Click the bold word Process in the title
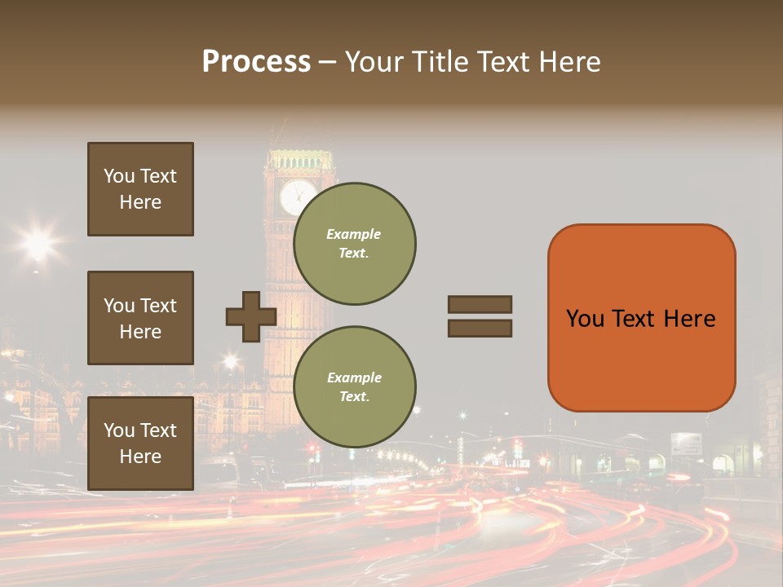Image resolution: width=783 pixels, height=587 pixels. pos(256,62)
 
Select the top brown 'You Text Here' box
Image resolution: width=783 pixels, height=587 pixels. pos(140,189)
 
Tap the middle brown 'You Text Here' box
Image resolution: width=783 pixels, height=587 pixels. pos(140,318)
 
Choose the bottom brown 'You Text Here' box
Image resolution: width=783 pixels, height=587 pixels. pos(140,444)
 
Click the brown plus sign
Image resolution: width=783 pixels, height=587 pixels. pos(251,316)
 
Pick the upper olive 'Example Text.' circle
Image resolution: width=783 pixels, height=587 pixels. pos(355,244)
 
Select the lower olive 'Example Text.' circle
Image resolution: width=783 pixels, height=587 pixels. pos(355,387)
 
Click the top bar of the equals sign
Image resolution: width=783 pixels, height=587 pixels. pos(480,304)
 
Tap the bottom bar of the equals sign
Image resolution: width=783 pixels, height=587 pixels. pos(480,329)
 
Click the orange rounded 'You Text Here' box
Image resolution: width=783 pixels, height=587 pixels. pos(641,318)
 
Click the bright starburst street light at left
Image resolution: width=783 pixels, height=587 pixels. pos(38,242)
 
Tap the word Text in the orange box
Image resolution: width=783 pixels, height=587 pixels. pos(641,319)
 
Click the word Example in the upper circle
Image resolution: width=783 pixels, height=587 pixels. pos(354,234)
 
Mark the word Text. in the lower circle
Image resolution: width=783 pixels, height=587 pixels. pos(354,396)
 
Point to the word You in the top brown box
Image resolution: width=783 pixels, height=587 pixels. pos(117,176)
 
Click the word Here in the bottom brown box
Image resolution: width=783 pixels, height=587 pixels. pos(140,457)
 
